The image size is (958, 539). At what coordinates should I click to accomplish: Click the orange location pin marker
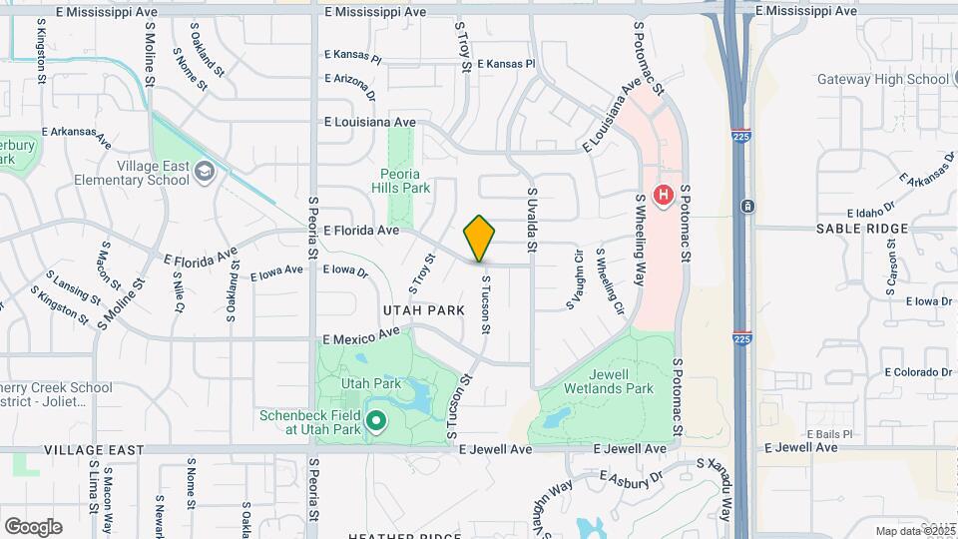pyautogui.click(x=479, y=239)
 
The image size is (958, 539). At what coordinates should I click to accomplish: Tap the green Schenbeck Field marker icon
pyautogui.click(x=376, y=421)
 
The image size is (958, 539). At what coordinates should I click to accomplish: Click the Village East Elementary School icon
pyautogui.click(x=205, y=173)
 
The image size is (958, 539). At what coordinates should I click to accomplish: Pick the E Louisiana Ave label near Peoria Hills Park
pyautogui.click(x=369, y=122)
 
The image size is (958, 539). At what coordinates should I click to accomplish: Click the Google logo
pyautogui.click(x=33, y=526)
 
